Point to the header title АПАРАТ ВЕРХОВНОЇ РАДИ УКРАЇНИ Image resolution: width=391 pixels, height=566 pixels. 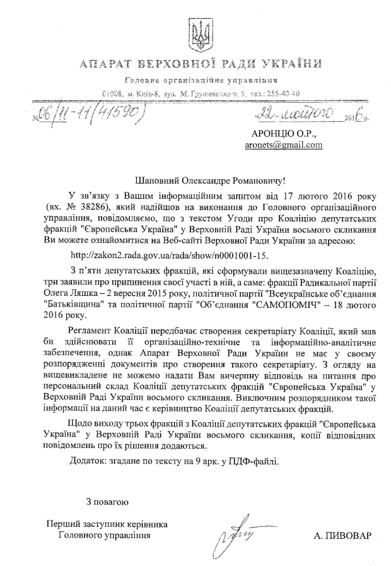195,64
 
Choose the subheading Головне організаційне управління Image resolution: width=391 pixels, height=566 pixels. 195,80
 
